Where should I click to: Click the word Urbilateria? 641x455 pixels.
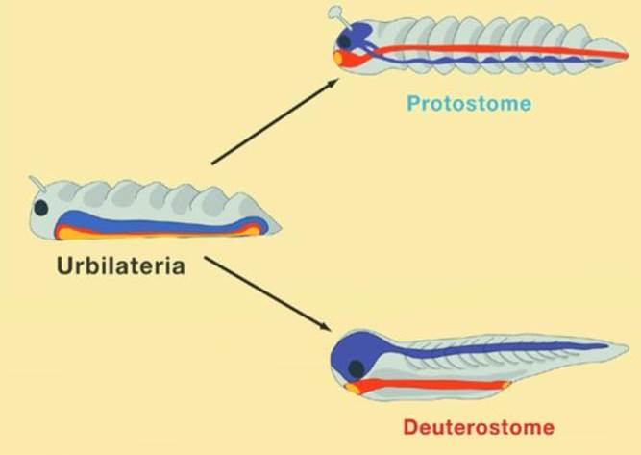click(121, 265)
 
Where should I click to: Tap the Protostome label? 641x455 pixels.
click(469, 103)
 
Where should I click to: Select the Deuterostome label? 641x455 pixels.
click(479, 428)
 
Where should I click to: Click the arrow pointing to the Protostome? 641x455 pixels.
click(275, 121)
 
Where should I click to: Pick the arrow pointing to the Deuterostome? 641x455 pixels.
click(267, 293)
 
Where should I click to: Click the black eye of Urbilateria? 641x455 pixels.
click(41, 208)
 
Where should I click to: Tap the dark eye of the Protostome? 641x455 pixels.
click(345, 41)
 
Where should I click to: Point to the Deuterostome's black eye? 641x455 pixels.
click(357, 369)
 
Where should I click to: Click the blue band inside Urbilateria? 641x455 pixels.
click(160, 223)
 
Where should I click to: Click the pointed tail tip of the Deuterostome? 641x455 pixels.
click(628, 347)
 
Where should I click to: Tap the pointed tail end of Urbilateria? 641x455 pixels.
click(280, 228)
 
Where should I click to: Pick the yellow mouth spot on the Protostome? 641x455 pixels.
click(337, 58)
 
